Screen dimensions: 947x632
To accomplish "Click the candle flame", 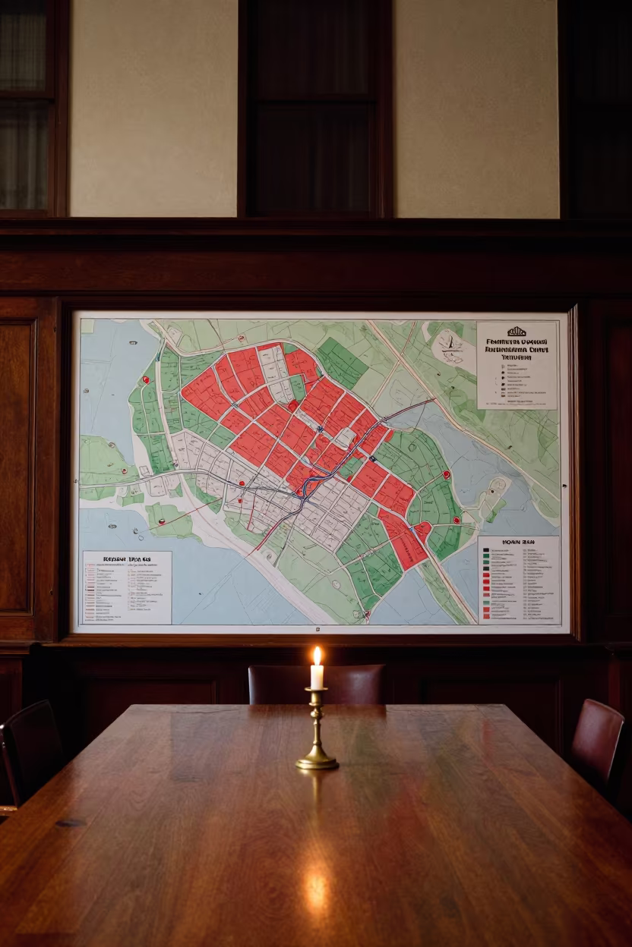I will (318, 656).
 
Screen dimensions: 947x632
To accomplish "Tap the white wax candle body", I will (318, 675).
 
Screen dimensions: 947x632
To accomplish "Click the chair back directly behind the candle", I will (316, 684).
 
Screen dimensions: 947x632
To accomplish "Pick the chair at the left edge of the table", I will (30, 751).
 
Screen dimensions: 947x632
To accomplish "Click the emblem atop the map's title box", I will (517, 332).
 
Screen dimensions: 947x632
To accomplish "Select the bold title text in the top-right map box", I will (517, 351).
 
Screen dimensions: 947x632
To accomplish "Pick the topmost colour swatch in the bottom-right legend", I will (485, 550).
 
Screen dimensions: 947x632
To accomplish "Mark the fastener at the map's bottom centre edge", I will (318, 629).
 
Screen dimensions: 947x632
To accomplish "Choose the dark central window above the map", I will (314, 106).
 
